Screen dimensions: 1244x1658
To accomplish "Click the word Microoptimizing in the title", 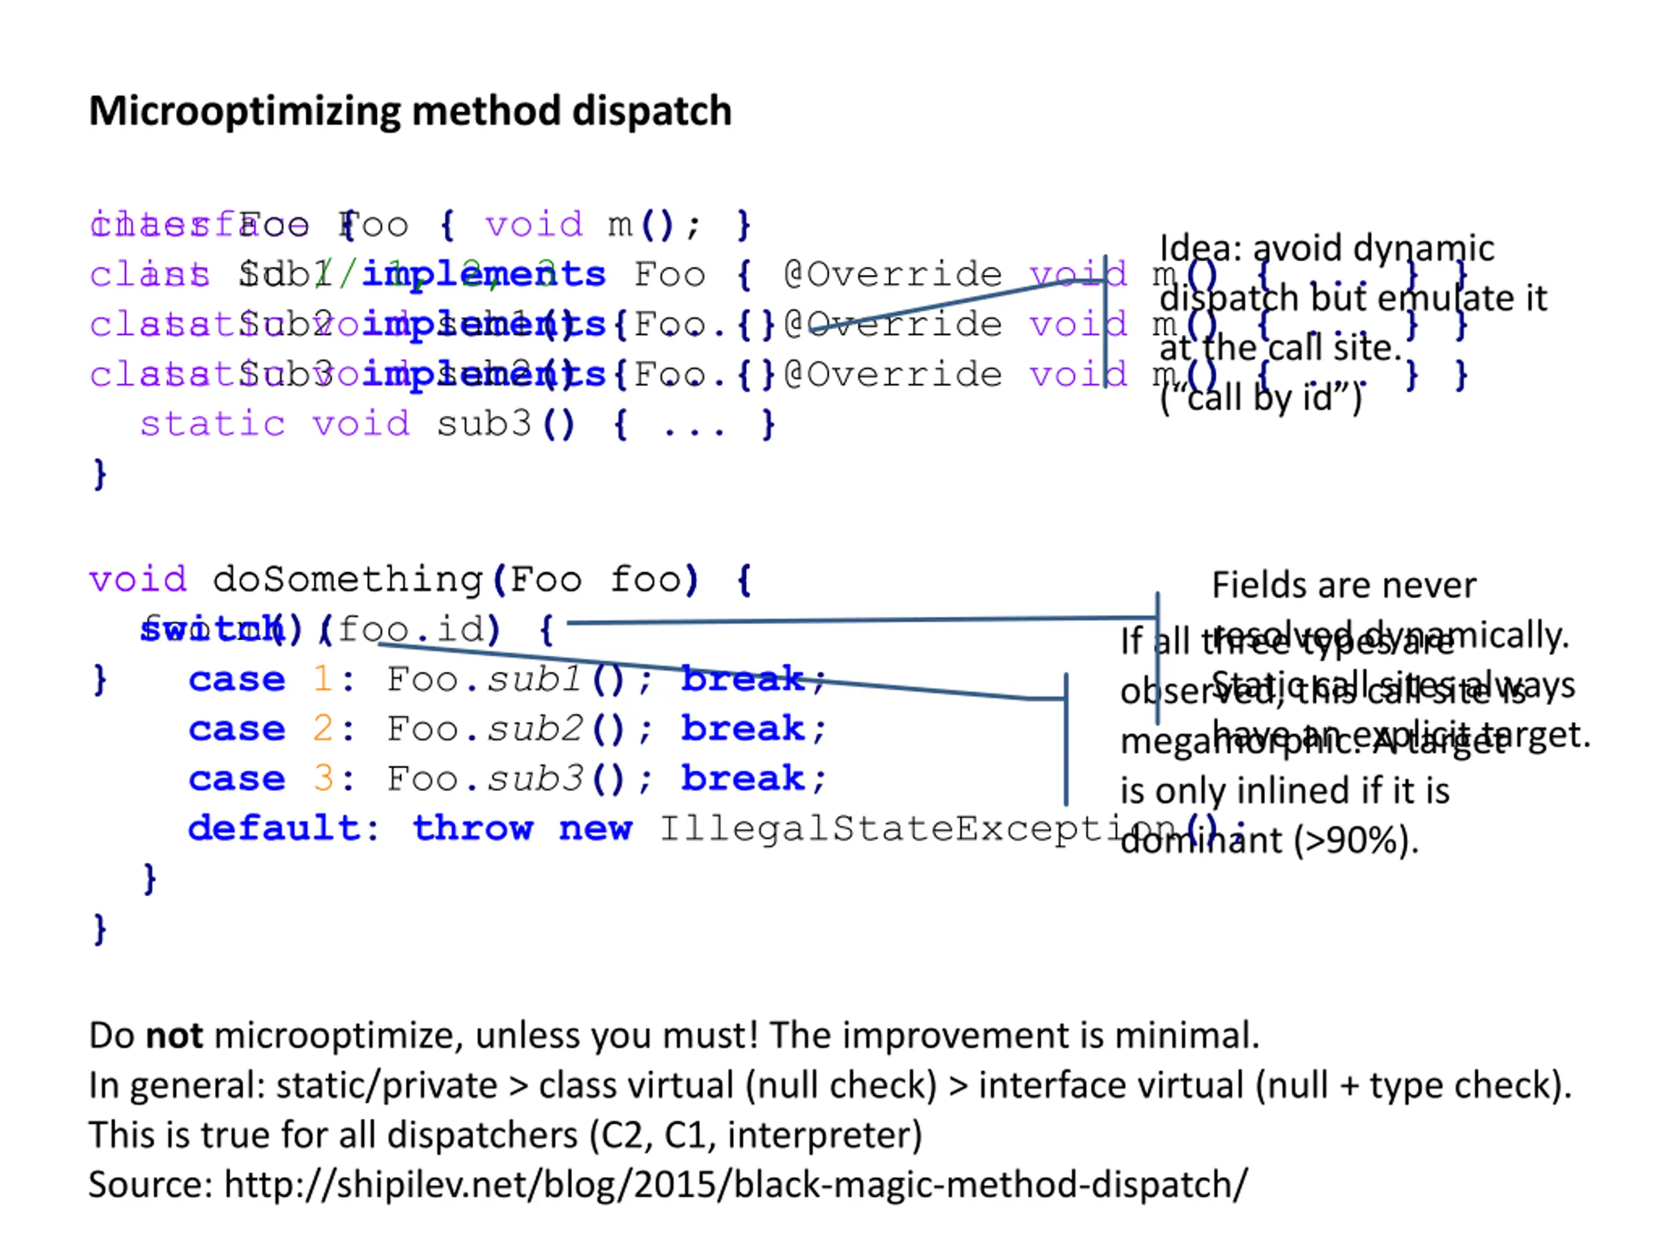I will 244,111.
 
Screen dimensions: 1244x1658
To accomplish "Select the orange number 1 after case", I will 323,680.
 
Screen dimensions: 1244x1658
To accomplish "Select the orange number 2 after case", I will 323,729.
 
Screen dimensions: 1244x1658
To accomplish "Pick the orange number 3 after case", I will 323,778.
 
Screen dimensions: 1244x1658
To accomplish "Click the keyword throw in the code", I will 472,829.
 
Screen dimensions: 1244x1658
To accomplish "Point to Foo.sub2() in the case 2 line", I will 505,729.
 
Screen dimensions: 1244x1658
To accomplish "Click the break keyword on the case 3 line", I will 742,778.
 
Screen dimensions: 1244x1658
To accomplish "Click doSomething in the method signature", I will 347,580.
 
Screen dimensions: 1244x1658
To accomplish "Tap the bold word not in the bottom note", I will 174,1035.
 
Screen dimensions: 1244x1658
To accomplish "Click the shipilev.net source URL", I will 735,1185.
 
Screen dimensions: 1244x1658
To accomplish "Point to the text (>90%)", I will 1356,840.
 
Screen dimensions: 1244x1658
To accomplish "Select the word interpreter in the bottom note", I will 824,1135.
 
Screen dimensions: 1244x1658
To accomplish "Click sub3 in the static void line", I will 483,424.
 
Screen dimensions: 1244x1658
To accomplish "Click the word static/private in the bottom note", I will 387,1086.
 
